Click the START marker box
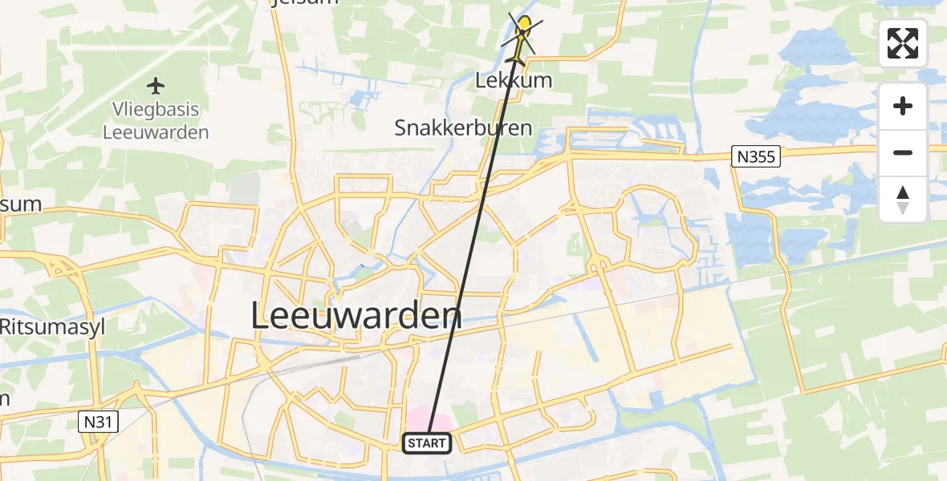(x=426, y=443)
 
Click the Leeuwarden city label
(x=356, y=315)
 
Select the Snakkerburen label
(x=463, y=127)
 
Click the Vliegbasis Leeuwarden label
(x=156, y=120)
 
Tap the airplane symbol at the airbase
(x=156, y=85)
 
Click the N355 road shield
(x=756, y=156)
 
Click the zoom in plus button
(x=903, y=106)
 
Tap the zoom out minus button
(x=903, y=152)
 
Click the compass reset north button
(x=903, y=199)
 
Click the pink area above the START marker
(x=427, y=418)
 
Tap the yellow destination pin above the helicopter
(x=525, y=23)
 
